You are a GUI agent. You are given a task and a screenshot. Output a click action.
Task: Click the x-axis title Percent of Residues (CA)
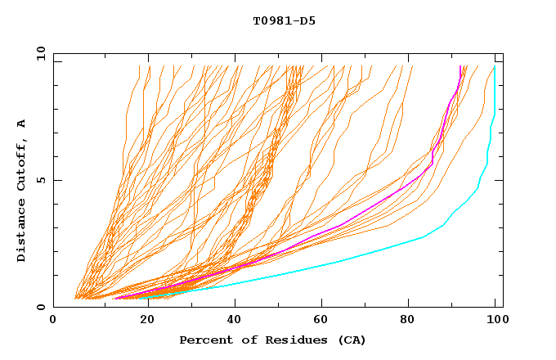tap(272, 340)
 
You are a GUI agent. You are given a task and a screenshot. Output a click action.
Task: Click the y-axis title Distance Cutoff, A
tap(21, 190)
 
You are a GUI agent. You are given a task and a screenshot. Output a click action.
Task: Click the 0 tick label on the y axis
tap(42, 307)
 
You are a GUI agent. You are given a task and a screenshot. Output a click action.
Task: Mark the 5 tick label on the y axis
tap(42, 180)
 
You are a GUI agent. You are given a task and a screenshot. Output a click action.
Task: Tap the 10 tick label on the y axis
tap(38, 53)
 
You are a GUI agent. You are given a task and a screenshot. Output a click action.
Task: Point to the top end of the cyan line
tap(495, 66)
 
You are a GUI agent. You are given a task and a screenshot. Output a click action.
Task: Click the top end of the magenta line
tap(460, 66)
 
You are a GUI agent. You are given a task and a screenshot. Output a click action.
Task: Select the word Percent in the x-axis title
tap(204, 340)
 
